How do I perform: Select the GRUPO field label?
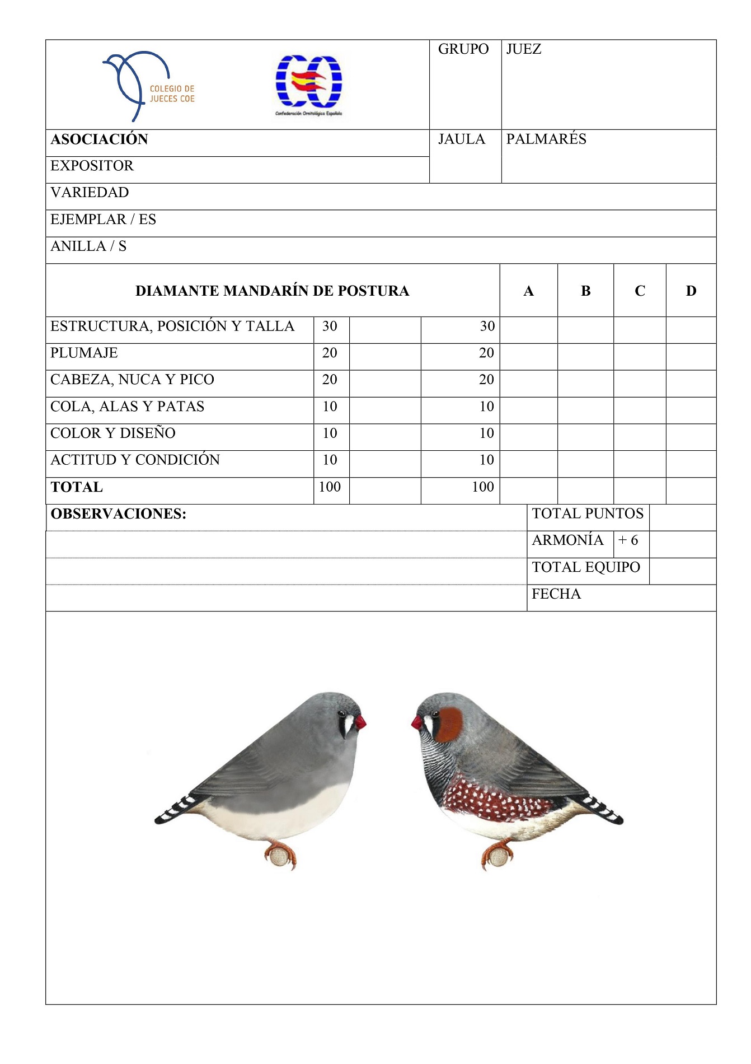click(463, 49)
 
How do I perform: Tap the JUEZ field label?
click(523, 49)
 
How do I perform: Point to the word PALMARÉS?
click(546, 139)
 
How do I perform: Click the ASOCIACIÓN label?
click(99, 139)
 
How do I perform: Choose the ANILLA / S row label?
click(88, 246)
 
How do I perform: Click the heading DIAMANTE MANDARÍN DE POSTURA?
click(272, 291)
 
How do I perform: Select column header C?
click(640, 291)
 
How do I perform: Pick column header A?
click(528, 291)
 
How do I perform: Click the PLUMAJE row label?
click(84, 353)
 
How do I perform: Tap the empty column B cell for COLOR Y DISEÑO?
click(585, 437)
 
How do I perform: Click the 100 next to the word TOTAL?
click(330, 487)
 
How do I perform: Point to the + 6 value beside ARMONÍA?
click(628, 540)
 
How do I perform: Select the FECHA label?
click(556, 594)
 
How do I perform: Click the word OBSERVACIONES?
click(118, 514)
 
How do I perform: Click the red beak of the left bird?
click(360, 722)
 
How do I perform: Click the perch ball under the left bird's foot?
click(279, 856)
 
